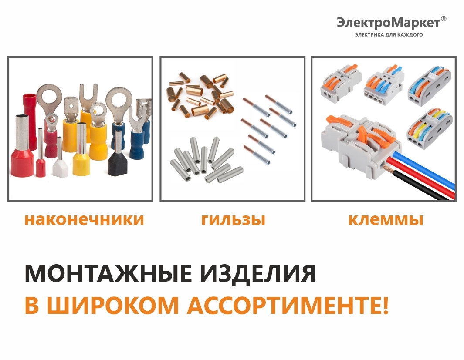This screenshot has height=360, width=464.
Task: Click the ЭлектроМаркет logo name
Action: [389, 23]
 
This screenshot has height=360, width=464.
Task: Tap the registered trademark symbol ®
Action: [443, 19]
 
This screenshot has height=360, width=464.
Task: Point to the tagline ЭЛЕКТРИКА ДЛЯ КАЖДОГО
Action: [389, 35]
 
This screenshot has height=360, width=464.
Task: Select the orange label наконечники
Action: [84, 219]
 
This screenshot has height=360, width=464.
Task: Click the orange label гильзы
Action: [233, 220]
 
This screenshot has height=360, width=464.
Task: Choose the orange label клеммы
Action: [386, 219]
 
